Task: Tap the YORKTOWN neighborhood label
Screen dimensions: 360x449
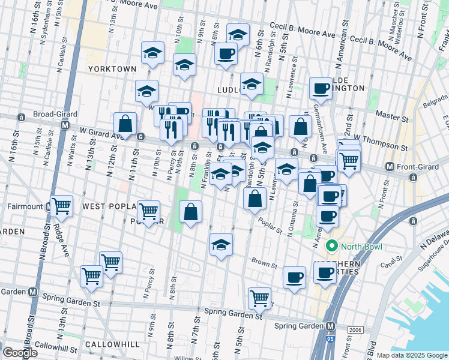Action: tap(112, 69)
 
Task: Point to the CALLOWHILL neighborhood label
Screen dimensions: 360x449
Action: tap(112, 344)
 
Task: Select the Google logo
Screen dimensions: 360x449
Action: tap(20, 353)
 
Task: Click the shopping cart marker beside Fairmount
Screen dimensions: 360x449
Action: tap(62, 206)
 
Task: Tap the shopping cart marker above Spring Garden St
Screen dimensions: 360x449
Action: tap(259, 297)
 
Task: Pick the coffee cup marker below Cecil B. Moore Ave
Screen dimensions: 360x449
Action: tap(226, 54)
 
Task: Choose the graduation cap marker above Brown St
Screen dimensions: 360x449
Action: tap(221, 244)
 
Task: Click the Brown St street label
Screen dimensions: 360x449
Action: tap(264, 263)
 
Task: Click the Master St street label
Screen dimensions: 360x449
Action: tap(388, 113)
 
